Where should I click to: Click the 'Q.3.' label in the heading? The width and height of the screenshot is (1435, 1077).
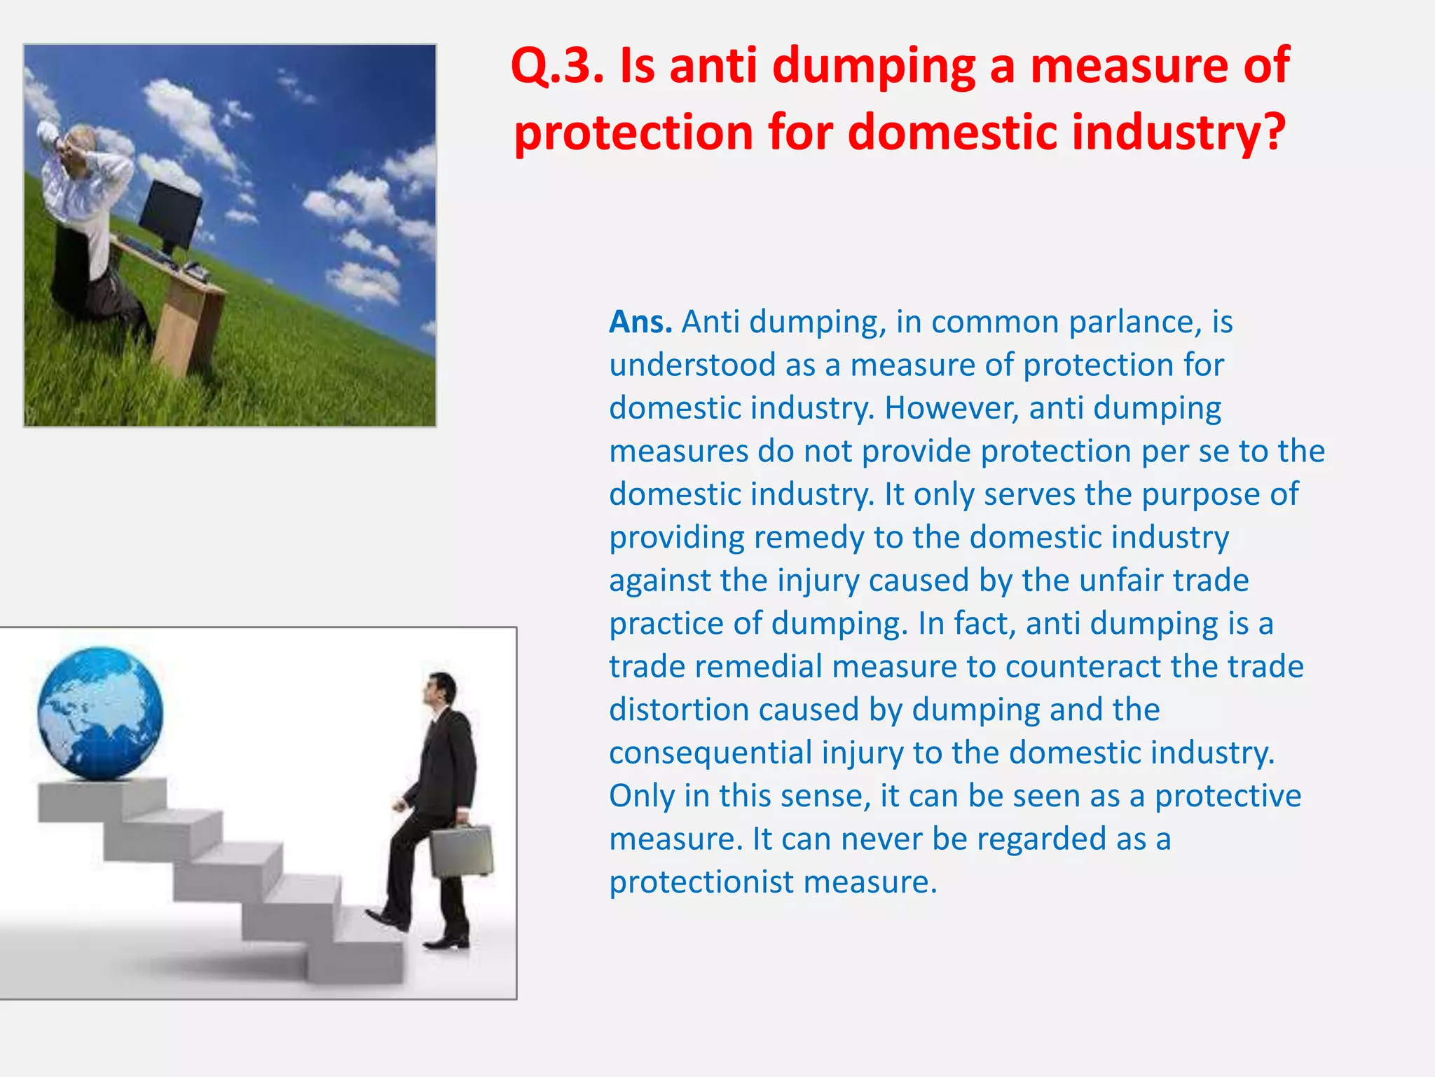click(x=556, y=66)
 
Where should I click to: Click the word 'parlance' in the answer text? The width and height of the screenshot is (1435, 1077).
click(x=1129, y=322)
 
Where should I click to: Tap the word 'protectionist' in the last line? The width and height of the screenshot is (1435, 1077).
click(x=701, y=882)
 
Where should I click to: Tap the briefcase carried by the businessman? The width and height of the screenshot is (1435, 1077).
click(x=461, y=852)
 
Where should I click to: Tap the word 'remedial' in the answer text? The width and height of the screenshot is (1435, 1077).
click(x=757, y=667)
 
